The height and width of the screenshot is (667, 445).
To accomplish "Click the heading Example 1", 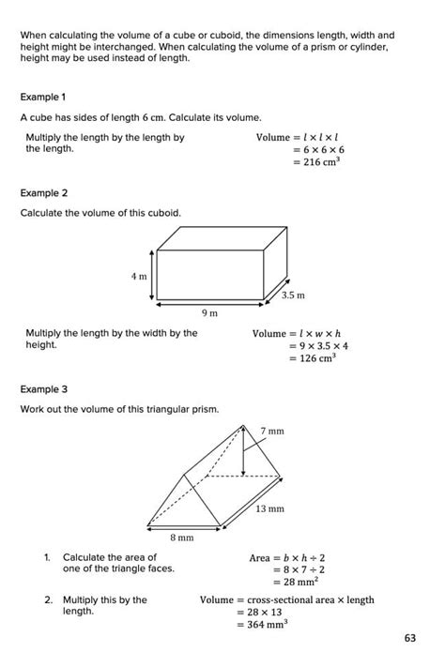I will (43, 98).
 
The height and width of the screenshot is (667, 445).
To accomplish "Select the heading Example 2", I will (44, 193).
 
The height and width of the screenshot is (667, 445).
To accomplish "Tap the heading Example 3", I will (44, 388).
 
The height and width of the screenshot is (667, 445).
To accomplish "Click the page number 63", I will (410, 639).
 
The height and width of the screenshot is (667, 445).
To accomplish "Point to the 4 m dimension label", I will (139, 276).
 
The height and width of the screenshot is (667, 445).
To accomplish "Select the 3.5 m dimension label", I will (294, 295).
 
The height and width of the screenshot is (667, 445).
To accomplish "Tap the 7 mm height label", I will (272, 431).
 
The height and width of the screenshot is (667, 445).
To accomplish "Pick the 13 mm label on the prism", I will (270, 508).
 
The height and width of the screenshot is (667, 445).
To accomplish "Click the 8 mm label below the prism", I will (181, 538).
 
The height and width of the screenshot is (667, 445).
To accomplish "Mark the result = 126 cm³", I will (313, 358).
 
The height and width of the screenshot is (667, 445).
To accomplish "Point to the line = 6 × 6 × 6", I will (318, 149).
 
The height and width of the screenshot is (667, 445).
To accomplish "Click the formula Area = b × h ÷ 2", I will (287, 557).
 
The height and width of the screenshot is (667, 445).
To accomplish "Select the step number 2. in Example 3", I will (46, 599).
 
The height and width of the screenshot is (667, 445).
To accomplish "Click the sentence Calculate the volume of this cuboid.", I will (100, 213).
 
